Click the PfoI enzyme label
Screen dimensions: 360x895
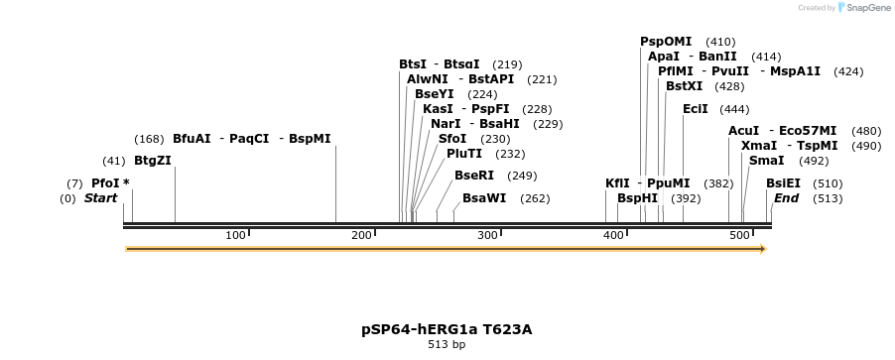tap(104, 183)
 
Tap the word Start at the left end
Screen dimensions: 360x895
tap(100, 198)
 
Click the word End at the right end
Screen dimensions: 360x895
tap(786, 198)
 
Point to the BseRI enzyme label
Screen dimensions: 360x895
tap(473, 176)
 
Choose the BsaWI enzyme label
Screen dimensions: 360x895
tap(484, 198)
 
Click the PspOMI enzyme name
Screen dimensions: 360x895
tap(666, 42)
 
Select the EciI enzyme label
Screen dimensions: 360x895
tap(695, 108)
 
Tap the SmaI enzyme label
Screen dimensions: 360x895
tap(766, 161)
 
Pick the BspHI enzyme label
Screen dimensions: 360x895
tap(637, 198)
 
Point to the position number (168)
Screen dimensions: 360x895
tap(149, 139)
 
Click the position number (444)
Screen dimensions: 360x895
tap(734, 108)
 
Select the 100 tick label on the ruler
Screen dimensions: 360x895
tap(235, 235)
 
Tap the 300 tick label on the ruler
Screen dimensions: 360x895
tap(487, 235)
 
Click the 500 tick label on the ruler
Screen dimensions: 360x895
tap(739, 235)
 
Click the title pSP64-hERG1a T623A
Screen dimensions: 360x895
tap(447, 329)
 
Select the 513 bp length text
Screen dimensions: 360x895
tap(447, 345)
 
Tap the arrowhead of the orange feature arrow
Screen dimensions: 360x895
tap(762, 249)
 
